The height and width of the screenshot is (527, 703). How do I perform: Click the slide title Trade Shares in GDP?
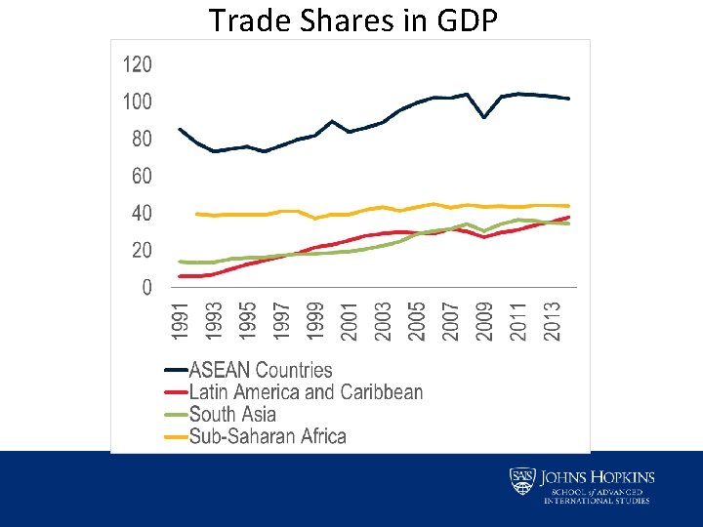tap(352, 20)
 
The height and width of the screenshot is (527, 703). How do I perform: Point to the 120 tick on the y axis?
tap(137, 65)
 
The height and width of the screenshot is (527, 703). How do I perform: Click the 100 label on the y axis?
tap(137, 102)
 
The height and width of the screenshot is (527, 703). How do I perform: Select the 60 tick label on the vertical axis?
tap(141, 177)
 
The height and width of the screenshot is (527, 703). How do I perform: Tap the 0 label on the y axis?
tap(146, 288)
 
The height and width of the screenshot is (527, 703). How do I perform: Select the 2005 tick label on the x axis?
tap(417, 321)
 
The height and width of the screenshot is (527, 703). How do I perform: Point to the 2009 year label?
tap(484, 321)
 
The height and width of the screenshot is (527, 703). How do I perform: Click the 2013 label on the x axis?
tap(552, 321)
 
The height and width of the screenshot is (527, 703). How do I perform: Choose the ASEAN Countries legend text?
tap(260, 371)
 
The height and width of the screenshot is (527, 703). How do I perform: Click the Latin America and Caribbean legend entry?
tap(306, 392)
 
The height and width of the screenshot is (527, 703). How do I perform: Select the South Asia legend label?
tap(232, 415)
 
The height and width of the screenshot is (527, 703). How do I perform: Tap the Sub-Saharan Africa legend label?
tap(268, 436)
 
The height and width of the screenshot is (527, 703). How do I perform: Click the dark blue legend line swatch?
tap(176, 371)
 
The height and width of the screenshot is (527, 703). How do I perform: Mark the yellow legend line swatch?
tap(176, 436)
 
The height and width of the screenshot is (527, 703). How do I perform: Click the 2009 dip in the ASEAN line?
tap(484, 117)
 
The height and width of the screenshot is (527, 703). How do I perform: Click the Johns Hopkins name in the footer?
tap(597, 477)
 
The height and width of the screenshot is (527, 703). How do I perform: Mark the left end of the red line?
tap(181, 276)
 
